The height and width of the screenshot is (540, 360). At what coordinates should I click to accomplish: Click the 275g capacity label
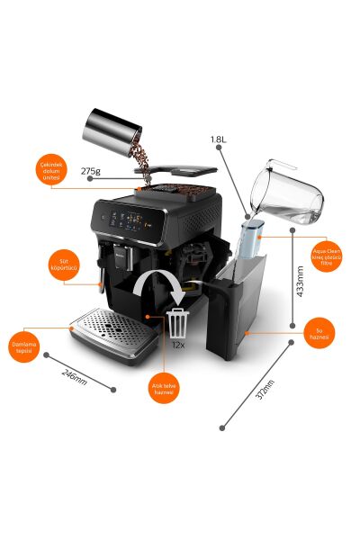click(x=91, y=170)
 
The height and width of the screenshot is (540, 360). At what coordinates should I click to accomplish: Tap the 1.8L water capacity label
click(x=219, y=139)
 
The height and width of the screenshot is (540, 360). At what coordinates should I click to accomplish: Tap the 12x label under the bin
click(x=180, y=345)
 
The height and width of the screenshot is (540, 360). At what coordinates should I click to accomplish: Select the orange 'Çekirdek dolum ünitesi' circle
click(x=49, y=171)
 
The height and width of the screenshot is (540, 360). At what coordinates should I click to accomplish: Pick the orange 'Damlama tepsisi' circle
click(x=27, y=348)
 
